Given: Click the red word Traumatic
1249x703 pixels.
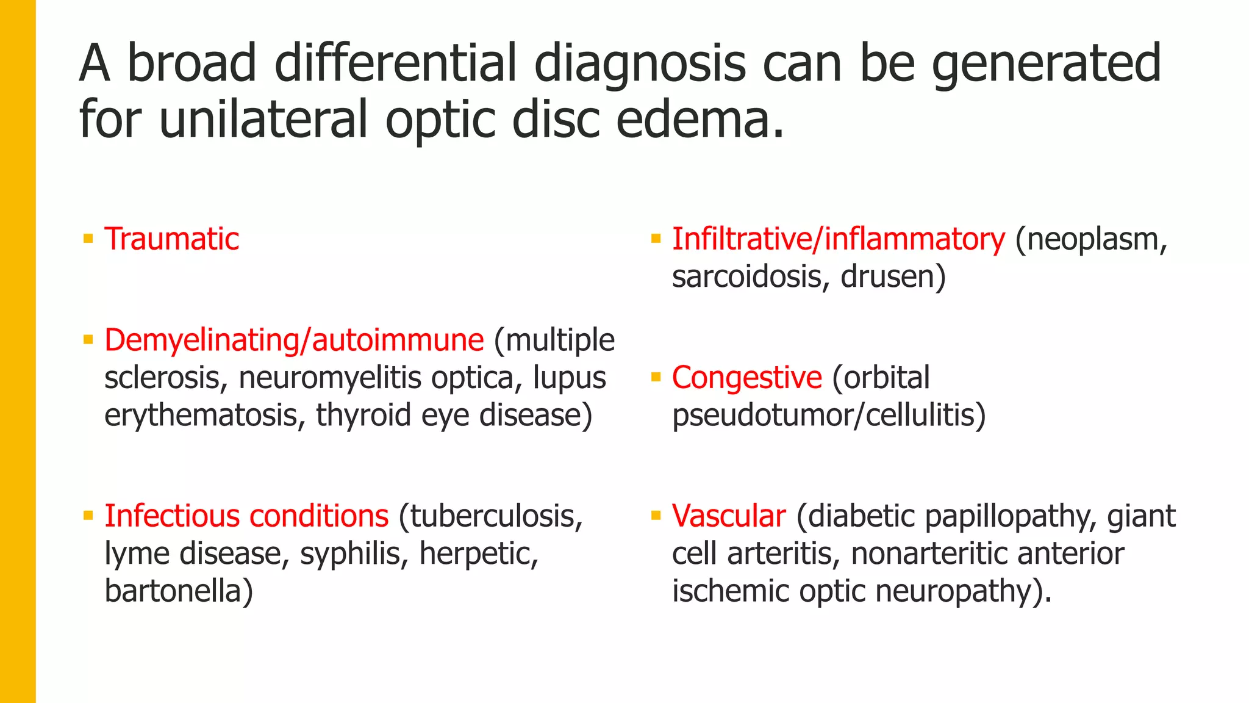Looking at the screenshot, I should click(171, 239).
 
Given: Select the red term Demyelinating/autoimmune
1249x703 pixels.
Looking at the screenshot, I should click(294, 340).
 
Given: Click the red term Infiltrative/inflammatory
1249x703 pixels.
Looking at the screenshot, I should click(838, 239).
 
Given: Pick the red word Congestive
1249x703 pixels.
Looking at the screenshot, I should click(747, 378).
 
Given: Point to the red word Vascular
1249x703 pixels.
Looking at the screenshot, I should click(729, 516).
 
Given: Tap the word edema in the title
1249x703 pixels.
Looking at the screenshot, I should click(698, 118).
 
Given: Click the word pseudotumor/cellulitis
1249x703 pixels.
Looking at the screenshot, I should click(828, 416).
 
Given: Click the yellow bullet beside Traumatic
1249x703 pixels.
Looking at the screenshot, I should click(88, 239).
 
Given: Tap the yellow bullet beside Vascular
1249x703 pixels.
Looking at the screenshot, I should click(656, 516).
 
